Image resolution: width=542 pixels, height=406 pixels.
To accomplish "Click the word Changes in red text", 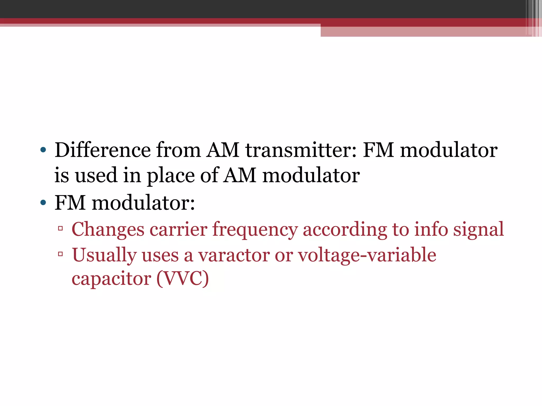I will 108,229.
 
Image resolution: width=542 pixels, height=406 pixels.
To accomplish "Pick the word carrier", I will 178,229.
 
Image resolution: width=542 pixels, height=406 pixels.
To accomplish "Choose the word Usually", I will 104,255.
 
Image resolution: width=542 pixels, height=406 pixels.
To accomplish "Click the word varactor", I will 234,255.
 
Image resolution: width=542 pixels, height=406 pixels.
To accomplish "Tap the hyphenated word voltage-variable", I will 367,255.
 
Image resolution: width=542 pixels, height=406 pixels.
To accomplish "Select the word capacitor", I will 111,279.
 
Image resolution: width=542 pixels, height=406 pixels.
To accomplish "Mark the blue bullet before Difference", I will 43,150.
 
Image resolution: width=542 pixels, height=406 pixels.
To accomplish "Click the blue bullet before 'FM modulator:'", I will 43,203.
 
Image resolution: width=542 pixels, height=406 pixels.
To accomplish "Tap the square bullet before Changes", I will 60,228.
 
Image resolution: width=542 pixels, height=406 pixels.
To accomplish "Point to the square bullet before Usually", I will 60,254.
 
